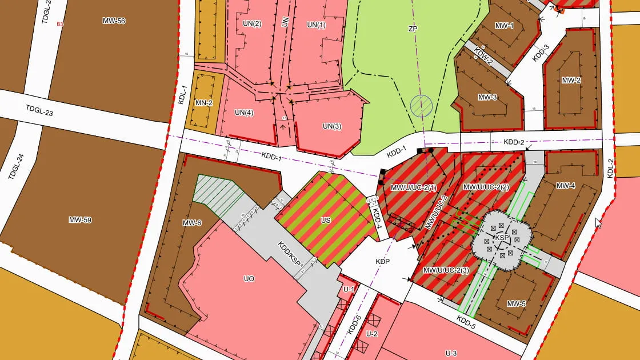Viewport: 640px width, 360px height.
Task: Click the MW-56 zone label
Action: [x=114, y=21]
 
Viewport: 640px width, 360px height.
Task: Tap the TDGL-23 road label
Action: [x=39, y=111]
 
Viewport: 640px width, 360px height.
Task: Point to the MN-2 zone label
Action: [x=204, y=103]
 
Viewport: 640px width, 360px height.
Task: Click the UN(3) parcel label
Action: [x=332, y=126]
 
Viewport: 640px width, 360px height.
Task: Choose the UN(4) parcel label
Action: [x=243, y=113]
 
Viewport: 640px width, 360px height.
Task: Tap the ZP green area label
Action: [x=413, y=29]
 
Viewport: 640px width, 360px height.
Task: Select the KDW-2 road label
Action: [x=483, y=58]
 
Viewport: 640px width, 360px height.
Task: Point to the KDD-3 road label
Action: [x=540, y=53]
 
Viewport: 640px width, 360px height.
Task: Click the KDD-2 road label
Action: [x=513, y=142]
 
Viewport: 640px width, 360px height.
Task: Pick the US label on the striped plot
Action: [x=326, y=219]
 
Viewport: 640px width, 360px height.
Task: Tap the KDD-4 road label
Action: [x=377, y=218]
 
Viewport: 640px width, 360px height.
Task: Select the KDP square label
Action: [x=382, y=261]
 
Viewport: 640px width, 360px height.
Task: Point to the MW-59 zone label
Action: [x=80, y=220]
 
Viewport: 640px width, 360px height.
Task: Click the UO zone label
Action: [x=249, y=279]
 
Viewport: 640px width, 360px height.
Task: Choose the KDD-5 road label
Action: [x=466, y=323]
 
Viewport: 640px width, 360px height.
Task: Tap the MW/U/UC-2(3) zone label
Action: [x=446, y=270]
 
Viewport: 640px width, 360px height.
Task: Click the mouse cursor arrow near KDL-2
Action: [x=598, y=222]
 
